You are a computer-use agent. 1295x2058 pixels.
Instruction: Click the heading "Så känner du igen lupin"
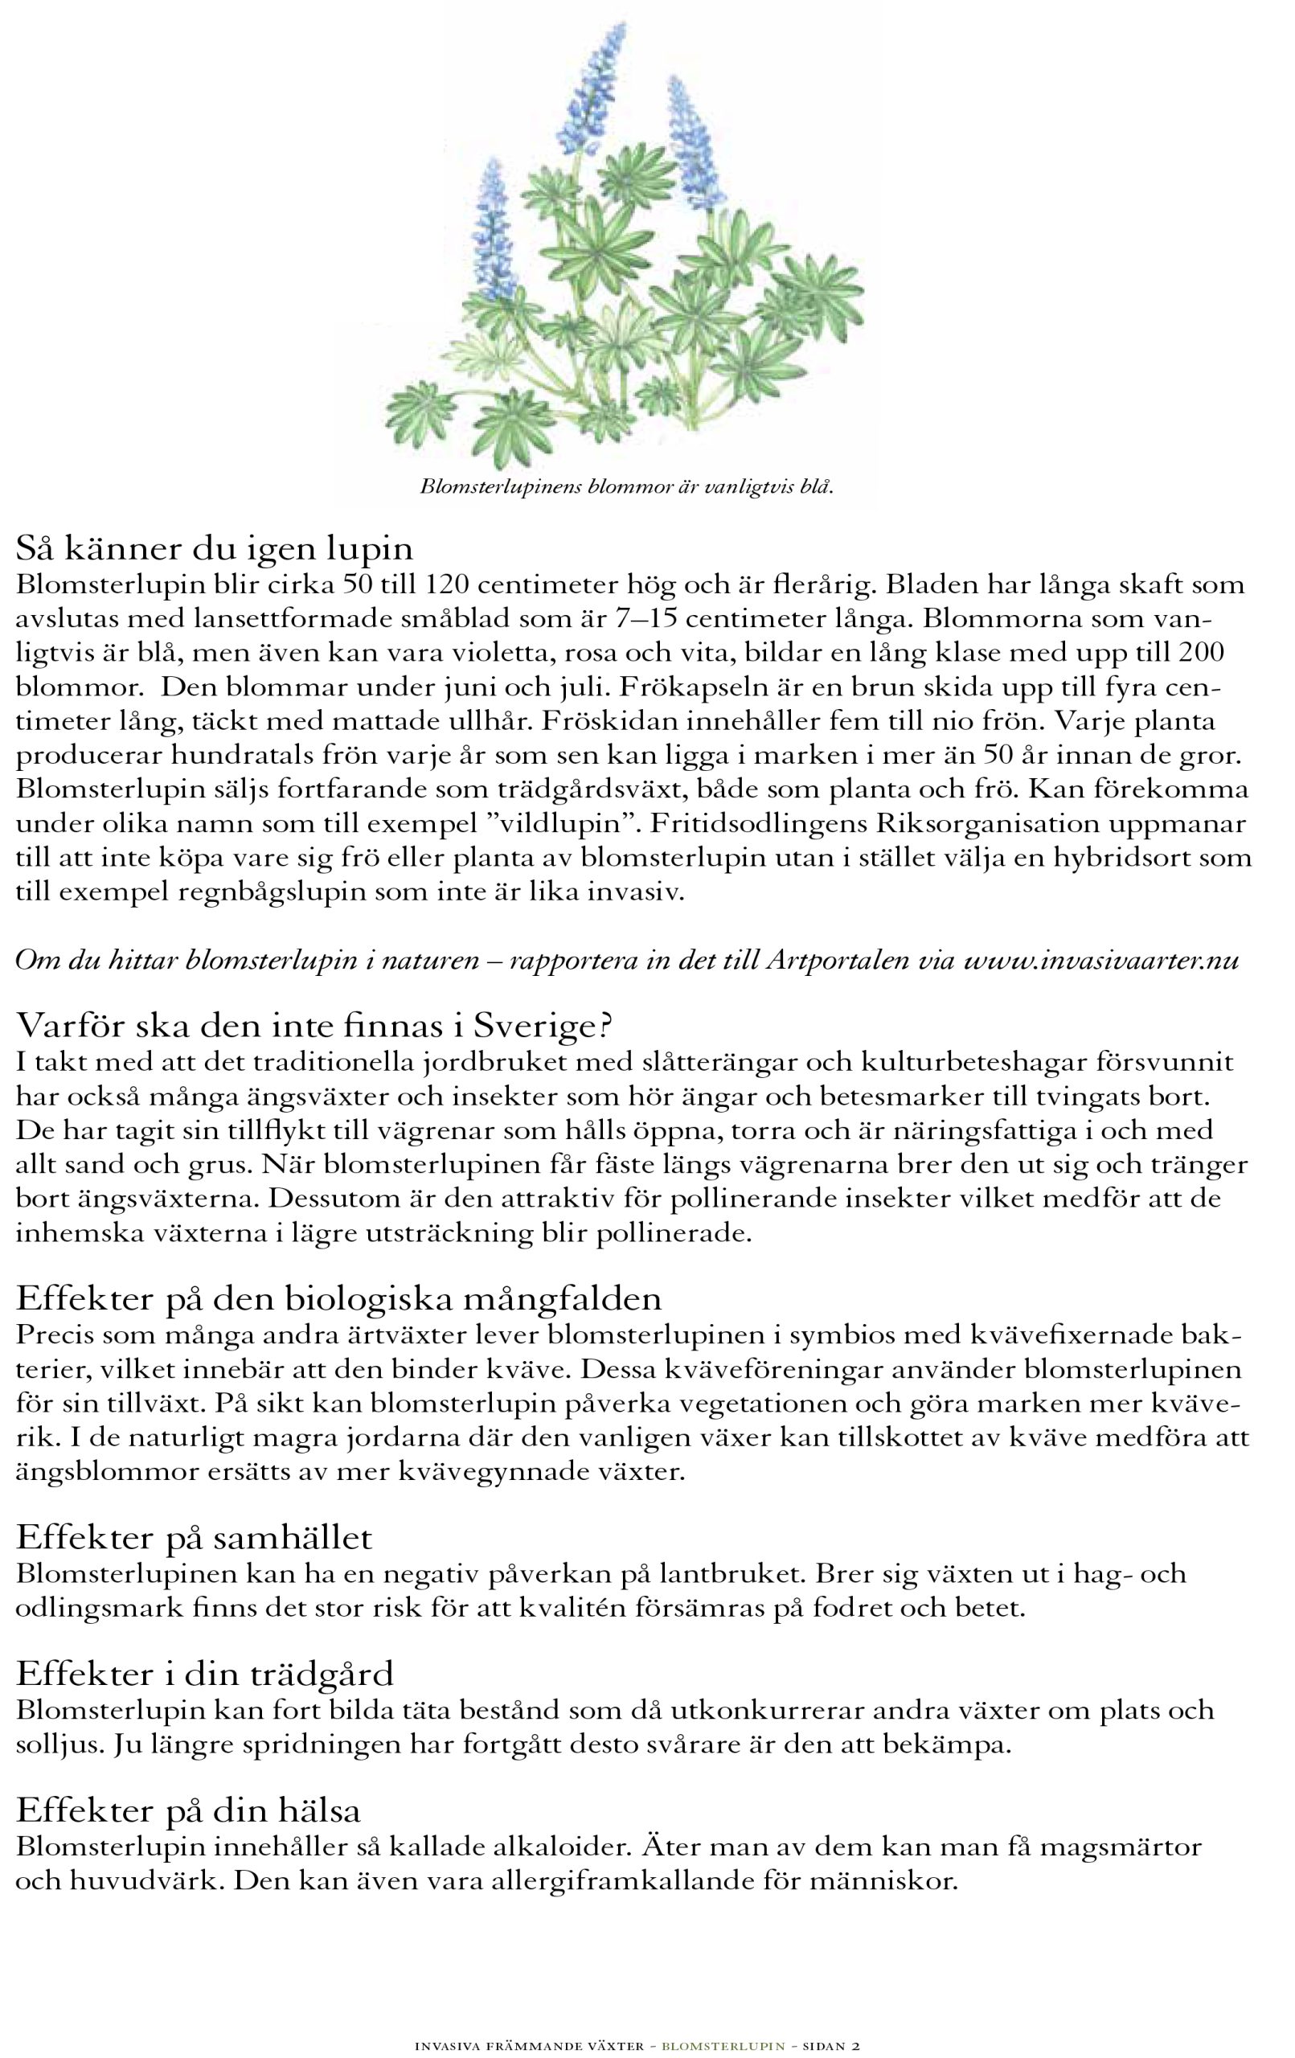point(214,547)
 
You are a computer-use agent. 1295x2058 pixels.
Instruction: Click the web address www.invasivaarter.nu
point(1101,961)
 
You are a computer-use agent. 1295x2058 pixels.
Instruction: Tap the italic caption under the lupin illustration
point(625,488)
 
